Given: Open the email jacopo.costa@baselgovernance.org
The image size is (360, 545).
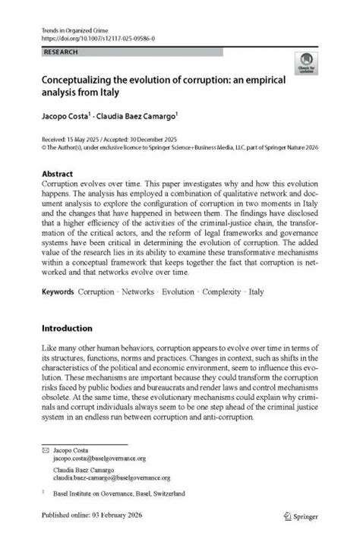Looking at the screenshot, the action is [99, 459].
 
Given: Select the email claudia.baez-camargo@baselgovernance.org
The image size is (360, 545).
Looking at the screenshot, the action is [111, 478].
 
